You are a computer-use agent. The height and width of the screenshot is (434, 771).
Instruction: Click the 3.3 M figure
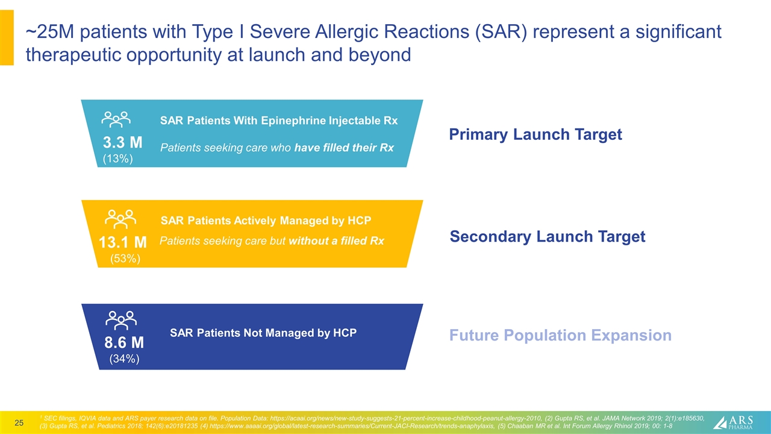pyautogui.click(x=122, y=142)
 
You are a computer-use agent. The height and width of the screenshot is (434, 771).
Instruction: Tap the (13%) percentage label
pyautogui.click(x=117, y=159)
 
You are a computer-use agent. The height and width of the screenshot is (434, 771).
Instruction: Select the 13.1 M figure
pyautogui.click(x=122, y=242)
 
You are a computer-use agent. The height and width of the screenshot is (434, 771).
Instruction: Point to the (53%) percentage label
pyautogui.click(x=125, y=259)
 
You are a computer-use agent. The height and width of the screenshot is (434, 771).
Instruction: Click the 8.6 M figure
pyautogui.click(x=124, y=342)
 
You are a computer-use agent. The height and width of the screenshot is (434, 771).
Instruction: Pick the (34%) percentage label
pyautogui.click(x=124, y=359)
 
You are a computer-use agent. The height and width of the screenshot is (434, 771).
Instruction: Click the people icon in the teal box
pyautogui.click(x=116, y=119)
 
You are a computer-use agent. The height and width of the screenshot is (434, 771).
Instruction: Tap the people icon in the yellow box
pyautogui.click(x=120, y=219)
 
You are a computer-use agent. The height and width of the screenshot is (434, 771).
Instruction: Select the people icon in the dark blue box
pyautogui.click(x=121, y=320)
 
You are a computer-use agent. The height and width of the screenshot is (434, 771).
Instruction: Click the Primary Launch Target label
pyautogui.click(x=535, y=134)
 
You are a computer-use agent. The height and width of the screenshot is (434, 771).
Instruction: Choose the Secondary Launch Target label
pyautogui.click(x=548, y=236)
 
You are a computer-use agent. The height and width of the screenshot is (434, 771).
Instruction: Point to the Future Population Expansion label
pyautogui.click(x=560, y=335)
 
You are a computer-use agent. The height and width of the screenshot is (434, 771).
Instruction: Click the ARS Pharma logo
pyautogui.click(x=733, y=423)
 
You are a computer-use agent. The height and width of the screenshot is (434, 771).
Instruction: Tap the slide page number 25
pyautogui.click(x=19, y=423)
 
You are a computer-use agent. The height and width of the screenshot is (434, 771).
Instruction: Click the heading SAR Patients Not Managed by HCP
pyautogui.click(x=263, y=333)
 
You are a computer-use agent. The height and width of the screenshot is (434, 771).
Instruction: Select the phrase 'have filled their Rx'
pyautogui.click(x=344, y=148)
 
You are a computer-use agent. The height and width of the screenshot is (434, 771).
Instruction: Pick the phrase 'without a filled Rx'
pyautogui.click(x=336, y=241)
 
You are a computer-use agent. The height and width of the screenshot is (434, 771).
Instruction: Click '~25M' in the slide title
pyautogui.click(x=50, y=32)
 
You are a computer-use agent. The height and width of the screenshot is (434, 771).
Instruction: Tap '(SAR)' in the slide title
pyautogui.click(x=501, y=32)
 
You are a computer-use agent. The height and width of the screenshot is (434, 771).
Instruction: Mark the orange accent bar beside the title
pyautogui.click(x=7, y=37)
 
